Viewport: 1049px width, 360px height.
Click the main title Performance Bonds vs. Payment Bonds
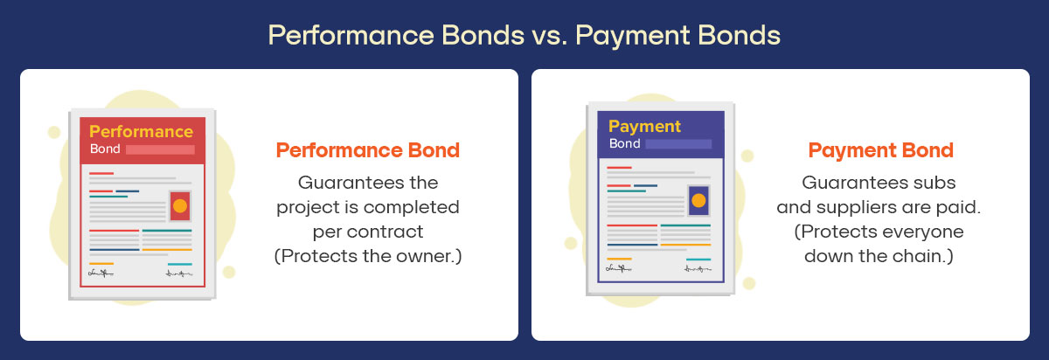click(x=524, y=35)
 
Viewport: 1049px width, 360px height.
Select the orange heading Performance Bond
click(x=368, y=149)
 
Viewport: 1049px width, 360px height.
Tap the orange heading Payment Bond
click(x=880, y=149)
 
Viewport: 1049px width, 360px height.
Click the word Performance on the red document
click(x=141, y=132)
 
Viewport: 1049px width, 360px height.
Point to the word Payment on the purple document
click(x=644, y=126)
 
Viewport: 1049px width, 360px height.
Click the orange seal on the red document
click(x=180, y=206)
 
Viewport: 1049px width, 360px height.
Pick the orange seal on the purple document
click(x=698, y=200)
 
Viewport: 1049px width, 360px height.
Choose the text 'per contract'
click(x=368, y=232)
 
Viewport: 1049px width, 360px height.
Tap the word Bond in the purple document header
click(x=624, y=143)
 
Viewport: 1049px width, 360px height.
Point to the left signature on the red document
click(x=101, y=273)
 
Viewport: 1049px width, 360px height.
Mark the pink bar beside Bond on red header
click(x=160, y=150)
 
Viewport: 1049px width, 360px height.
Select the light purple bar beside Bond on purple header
click(x=678, y=143)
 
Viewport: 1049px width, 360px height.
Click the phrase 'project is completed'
click(x=368, y=208)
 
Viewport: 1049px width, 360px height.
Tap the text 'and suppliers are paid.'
click(x=879, y=208)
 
